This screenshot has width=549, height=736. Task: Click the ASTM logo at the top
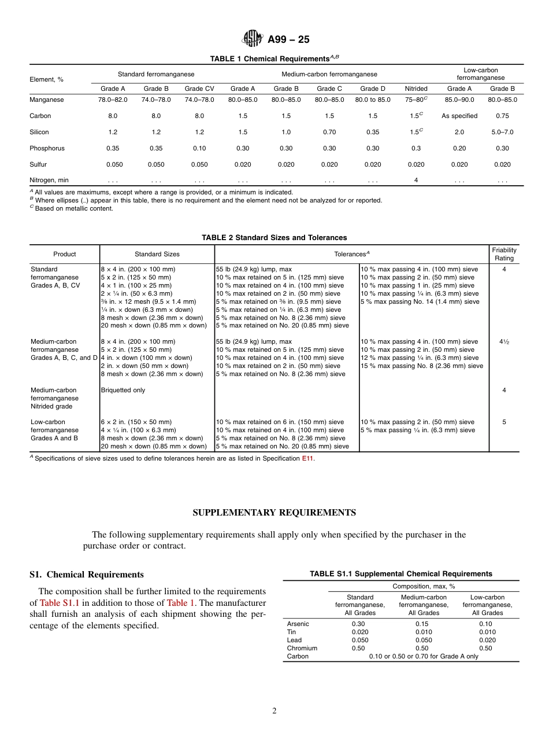point(251,39)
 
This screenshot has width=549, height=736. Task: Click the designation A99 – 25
point(288,39)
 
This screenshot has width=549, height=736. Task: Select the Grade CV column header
point(199,89)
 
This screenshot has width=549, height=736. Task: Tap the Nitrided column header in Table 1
point(416,89)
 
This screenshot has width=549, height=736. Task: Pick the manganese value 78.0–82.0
point(113,100)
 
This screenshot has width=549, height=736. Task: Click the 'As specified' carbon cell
point(459,116)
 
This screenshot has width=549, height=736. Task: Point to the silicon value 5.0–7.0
point(502,132)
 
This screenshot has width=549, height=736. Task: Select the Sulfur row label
point(39,164)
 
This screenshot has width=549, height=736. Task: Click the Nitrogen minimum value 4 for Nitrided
point(416,180)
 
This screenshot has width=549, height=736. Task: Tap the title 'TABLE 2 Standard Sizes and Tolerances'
point(274,237)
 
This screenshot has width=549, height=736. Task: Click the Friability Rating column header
point(504,254)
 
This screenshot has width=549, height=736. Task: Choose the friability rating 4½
point(504,341)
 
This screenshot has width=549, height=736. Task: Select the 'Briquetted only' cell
point(123,390)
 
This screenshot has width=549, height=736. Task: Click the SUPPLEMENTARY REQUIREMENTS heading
point(274,513)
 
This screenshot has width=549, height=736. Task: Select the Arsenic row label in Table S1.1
point(298,624)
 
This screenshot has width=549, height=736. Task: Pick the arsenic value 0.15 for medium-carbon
point(424,624)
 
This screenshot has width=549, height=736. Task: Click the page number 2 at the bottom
point(274,711)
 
